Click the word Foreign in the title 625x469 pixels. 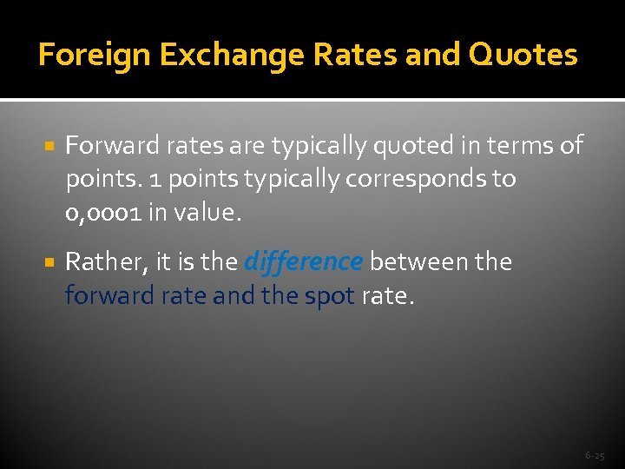(82, 55)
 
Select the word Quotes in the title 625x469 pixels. (523, 55)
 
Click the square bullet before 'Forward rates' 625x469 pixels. (49, 145)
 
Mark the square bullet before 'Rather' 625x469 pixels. (49, 261)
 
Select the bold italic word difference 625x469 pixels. (303, 261)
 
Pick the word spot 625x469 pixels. (329, 296)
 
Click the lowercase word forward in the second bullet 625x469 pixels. (109, 296)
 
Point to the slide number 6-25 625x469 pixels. (595, 455)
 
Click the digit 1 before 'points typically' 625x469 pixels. (153, 180)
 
